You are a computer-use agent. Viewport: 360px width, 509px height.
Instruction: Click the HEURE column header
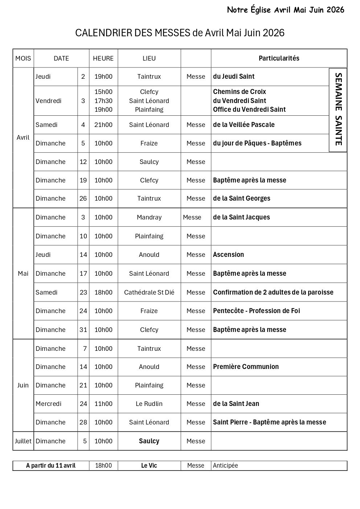coord(103,58)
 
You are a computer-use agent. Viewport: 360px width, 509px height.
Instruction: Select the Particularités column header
coord(279,58)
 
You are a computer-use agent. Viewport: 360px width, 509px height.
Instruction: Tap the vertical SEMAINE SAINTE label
coord(338,109)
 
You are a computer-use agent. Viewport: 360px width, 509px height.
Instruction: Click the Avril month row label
coord(23,137)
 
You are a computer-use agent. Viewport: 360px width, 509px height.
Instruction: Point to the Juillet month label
coord(23,441)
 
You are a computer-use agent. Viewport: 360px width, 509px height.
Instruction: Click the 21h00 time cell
coord(103,125)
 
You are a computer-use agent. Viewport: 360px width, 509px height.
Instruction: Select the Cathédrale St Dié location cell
coord(149,292)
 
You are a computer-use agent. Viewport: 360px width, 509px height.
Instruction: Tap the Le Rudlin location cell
coord(149,404)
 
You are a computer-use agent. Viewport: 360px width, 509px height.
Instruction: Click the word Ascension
coord(228,255)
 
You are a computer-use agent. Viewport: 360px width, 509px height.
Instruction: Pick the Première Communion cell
coord(246,367)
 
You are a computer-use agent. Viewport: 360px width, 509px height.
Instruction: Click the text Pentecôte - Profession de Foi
coord(256,311)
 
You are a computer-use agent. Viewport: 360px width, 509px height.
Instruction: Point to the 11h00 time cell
coord(103,404)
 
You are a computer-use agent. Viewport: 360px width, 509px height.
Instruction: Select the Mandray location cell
coord(149,217)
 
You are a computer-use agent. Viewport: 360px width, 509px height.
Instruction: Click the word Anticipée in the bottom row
coord(225,465)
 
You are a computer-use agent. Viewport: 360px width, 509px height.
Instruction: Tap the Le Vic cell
coord(149,465)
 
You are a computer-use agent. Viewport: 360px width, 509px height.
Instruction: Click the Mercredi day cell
coord(48,404)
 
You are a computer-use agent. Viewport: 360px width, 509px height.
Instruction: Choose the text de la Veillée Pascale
coord(244,125)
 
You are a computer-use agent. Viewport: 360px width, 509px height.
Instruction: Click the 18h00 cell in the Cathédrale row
coord(103,292)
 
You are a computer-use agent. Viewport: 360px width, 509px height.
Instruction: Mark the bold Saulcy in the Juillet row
coord(149,441)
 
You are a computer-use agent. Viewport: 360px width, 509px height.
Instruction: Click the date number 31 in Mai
coord(83,330)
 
